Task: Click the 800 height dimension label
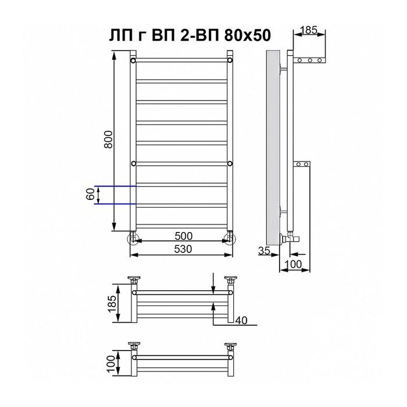pos(108,140)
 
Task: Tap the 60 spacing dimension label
pos(90,194)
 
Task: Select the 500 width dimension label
pos(184,236)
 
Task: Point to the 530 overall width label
pos(183,249)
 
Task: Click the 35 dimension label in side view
pos(264,251)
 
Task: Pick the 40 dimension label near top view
pos(241,320)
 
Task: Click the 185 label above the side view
pos(309,30)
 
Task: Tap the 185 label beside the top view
pos(112,304)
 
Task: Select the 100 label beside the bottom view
pos(110,364)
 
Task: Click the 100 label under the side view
pos(293,264)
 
